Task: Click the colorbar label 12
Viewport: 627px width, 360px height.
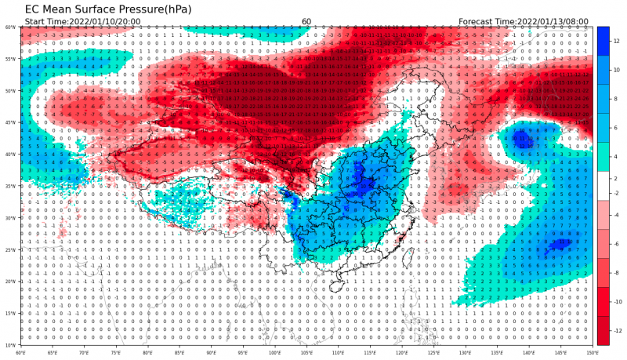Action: [617, 41]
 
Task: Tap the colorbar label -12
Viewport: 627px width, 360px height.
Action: [617, 330]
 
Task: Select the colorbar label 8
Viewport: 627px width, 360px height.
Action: [616, 99]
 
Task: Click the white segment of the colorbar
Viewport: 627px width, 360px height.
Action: [603, 186]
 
